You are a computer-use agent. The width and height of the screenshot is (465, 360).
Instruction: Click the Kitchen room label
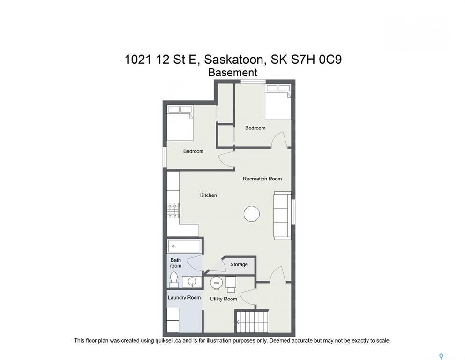coord(208,195)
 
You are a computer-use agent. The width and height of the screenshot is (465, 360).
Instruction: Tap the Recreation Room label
coord(262,179)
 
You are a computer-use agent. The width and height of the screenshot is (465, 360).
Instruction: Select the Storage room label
coord(239,264)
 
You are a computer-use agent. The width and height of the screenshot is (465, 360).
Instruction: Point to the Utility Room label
coord(223,299)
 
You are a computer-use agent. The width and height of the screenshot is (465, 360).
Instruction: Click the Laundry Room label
coord(184,298)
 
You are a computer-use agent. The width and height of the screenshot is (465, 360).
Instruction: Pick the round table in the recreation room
coord(252,214)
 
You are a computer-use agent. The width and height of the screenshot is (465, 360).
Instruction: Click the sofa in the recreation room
coord(282,215)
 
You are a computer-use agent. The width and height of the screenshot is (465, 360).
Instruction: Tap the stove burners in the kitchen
coord(173,210)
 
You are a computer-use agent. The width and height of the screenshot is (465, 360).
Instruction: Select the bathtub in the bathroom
coord(184,247)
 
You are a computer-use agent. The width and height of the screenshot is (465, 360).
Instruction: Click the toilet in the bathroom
coord(174,280)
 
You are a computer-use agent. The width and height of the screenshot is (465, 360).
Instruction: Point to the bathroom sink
coord(191,282)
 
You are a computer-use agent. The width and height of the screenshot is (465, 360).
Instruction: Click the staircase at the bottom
coord(252,322)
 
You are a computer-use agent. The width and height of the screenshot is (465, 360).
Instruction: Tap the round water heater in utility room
coord(216,283)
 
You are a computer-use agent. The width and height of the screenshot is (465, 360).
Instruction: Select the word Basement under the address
coord(232,72)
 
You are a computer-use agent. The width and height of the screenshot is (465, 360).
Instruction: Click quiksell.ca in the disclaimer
coord(168,341)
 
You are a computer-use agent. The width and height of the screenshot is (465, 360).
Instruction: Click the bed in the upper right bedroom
coord(278,102)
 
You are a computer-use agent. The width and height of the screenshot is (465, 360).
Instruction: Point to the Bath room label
coord(176,263)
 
